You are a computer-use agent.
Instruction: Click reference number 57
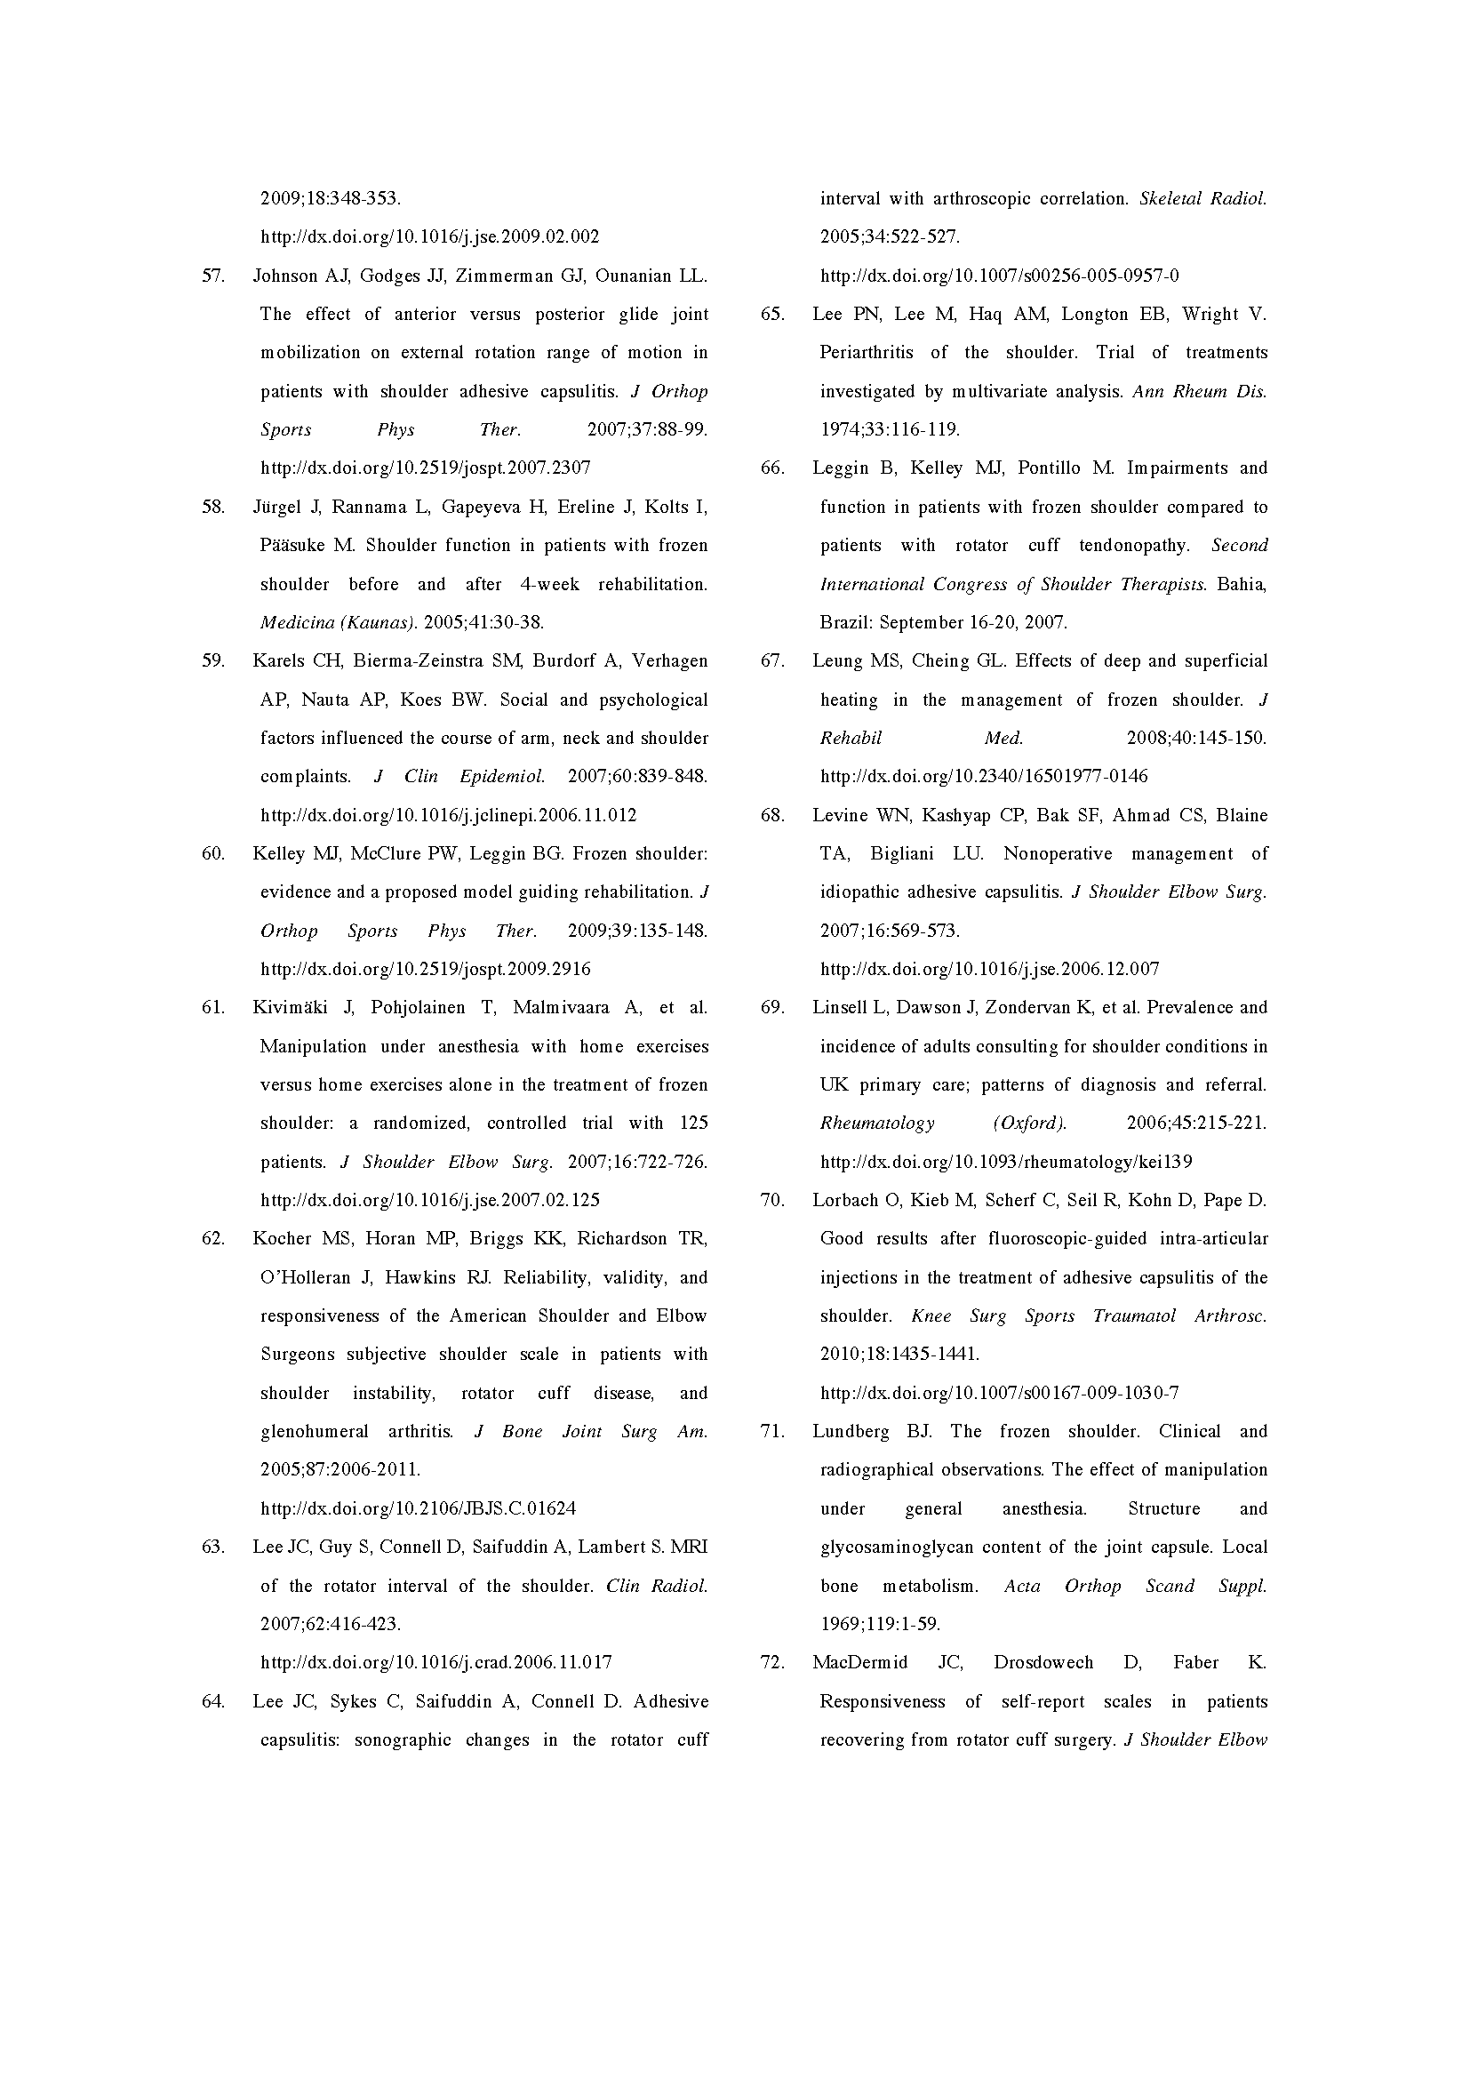(212, 276)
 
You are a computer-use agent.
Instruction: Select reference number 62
(212, 1239)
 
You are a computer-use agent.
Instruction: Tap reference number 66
(772, 468)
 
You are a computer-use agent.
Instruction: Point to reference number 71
(772, 1432)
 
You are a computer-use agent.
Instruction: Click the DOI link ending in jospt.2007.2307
(426, 468)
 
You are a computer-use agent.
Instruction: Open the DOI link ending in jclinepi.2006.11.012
(448, 815)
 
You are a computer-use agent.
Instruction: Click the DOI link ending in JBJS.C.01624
(419, 1508)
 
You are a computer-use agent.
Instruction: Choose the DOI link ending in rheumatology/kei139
(1006, 1162)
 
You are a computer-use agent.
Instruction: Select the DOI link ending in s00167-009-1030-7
(999, 1393)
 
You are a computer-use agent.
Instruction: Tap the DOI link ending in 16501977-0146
(984, 776)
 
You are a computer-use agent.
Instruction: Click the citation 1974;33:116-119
(890, 430)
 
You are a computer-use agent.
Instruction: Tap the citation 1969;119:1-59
(880, 1625)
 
